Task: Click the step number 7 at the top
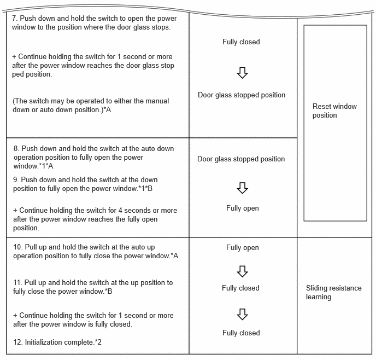pyautogui.click(x=14, y=18)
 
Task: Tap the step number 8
pyautogui.click(x=16, y=148)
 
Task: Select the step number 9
pyautogui.click(x=15, y=179)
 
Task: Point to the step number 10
pyautogui.click(x=17, y=247)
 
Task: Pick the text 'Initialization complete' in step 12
pyautogui.click(x=60, y=342)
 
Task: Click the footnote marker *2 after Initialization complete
pyautogui.click(x=98, y=342)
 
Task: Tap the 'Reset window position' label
pyautogui.click(x=334, y=111)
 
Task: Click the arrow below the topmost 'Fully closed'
pyautogui.click(x=243, y=72)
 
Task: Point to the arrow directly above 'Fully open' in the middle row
pyautogui.click(x=243, y=188)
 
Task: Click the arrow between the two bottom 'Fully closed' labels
pyautogui.click(x=243, y=313)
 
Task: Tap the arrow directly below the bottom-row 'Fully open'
pyautogui.click(x=243, y=271)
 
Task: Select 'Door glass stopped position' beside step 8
pyautogui.click(x=241, y=159)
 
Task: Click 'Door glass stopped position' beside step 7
pyautogui.click(x=242, y=95)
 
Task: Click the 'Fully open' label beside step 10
pyautogui.click(x=243, y=247)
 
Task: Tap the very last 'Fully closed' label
pyautogui.click(x=241, y=333)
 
